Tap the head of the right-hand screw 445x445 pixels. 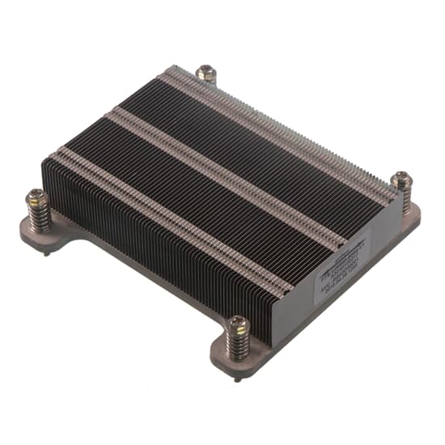tap(401, 180)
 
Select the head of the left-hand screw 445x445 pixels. tap(36, 196)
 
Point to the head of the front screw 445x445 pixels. tap(235, 324)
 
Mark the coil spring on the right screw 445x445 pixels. tap(403, 198)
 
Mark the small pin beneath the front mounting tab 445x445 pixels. tap(236, 378)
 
